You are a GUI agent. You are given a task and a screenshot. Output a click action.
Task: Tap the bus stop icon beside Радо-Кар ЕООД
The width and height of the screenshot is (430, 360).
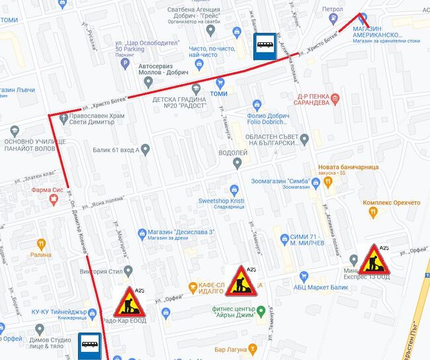tap(89, 345)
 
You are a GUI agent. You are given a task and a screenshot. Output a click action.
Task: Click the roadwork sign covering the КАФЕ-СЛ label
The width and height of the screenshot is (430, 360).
tap(241, 281)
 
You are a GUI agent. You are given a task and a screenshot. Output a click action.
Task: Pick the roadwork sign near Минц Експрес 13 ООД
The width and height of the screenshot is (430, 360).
tap(374, 259)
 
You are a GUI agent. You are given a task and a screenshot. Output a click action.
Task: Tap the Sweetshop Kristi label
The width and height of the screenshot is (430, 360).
tap(222, 200)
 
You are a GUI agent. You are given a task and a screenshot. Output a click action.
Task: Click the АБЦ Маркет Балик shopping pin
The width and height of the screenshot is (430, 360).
tap(304, 276)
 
